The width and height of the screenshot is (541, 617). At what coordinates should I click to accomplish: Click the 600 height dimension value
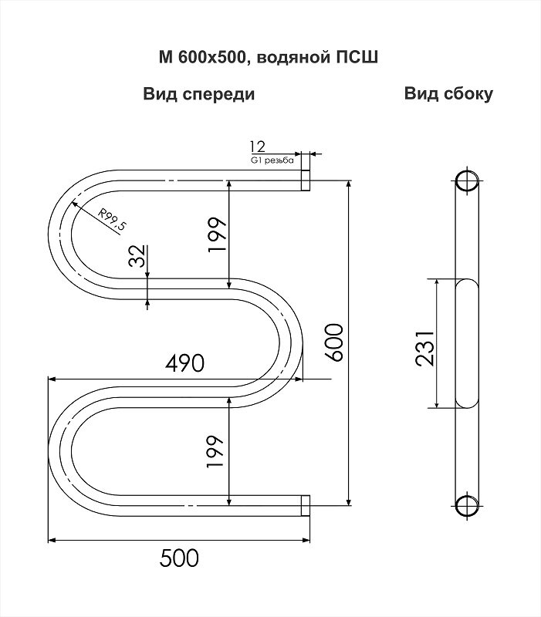tap(334, 342)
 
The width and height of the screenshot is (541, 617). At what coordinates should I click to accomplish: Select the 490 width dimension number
tap(184, 362)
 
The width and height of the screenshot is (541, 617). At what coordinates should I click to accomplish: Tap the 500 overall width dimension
tap(179, 558)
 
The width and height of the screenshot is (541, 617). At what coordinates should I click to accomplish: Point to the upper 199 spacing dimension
tap(218, 235)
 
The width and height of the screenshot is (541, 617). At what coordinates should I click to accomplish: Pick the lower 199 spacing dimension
tap(215, 451)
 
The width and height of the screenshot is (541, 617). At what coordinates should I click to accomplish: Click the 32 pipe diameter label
tap(137, 256)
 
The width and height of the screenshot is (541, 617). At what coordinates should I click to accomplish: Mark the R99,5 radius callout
tap(112, 219)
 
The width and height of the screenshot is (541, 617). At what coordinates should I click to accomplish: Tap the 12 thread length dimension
tap(258, 147)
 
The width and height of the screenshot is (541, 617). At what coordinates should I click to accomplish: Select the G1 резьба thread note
tap(272, 160)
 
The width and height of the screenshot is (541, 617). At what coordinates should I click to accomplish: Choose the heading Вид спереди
tap(199, 95)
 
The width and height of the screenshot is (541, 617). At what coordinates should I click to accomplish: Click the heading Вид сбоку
tap(448, 94)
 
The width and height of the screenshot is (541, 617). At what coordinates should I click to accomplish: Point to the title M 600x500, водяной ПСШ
tap(269, 57)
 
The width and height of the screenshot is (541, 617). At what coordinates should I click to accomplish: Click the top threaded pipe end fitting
tap(306, 180)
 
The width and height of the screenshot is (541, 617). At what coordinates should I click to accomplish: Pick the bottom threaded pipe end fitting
tap(306, 506)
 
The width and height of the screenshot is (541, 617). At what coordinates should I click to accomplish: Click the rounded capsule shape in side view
tap(467, 343)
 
